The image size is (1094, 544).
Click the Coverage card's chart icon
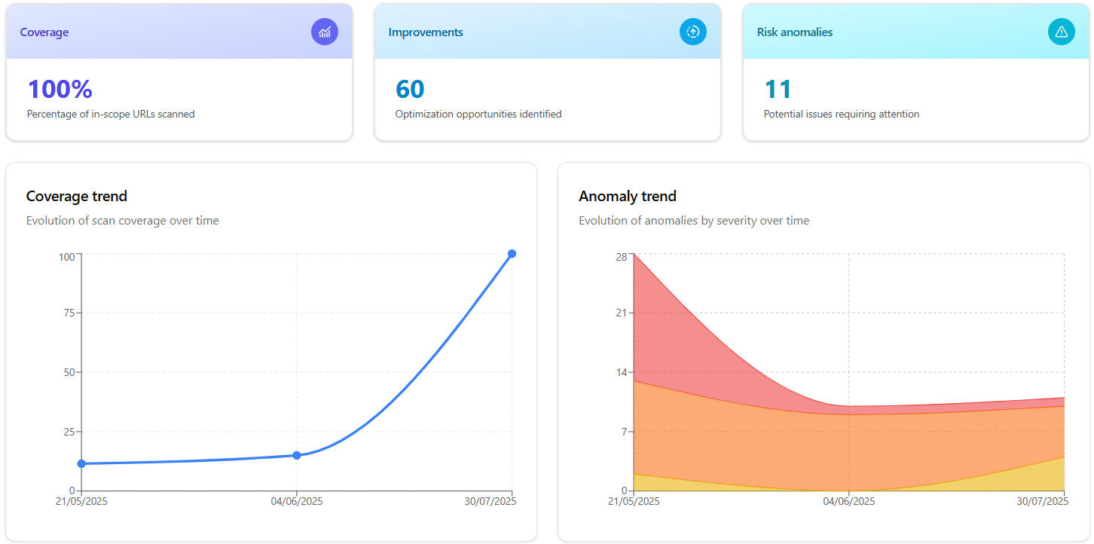click(x=325, y=32)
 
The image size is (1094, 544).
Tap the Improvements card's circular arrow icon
click(x=693, y=32)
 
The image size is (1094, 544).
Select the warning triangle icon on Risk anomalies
click(x=1062, y=32)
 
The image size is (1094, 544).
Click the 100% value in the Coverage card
click(x=60, y=89)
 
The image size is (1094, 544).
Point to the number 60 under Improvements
click(x=410, y=89)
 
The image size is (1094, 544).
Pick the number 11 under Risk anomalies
click(x=778, y=89)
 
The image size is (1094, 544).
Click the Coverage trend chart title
click(x=77, y=196)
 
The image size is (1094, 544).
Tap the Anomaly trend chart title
click(x=628, y=196)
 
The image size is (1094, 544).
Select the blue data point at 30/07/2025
click(x=512, y=254)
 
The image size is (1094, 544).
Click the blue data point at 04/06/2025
click(x=297, y=455)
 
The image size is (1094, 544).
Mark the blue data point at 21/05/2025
click(x=81, y=463)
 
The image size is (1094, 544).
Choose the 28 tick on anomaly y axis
click(x=621, y=256)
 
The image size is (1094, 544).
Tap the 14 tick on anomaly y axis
click(x=621, y=372)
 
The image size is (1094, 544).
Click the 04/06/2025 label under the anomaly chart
click(x=849, y=501)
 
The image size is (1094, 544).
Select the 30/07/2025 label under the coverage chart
click(x=490, y=501)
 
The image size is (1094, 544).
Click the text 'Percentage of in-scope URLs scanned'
click(x=111, y=115)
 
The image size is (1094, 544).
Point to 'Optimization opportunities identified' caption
click(x=478, y=115)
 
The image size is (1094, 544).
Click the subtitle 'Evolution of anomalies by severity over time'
click(x=694, y=221)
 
